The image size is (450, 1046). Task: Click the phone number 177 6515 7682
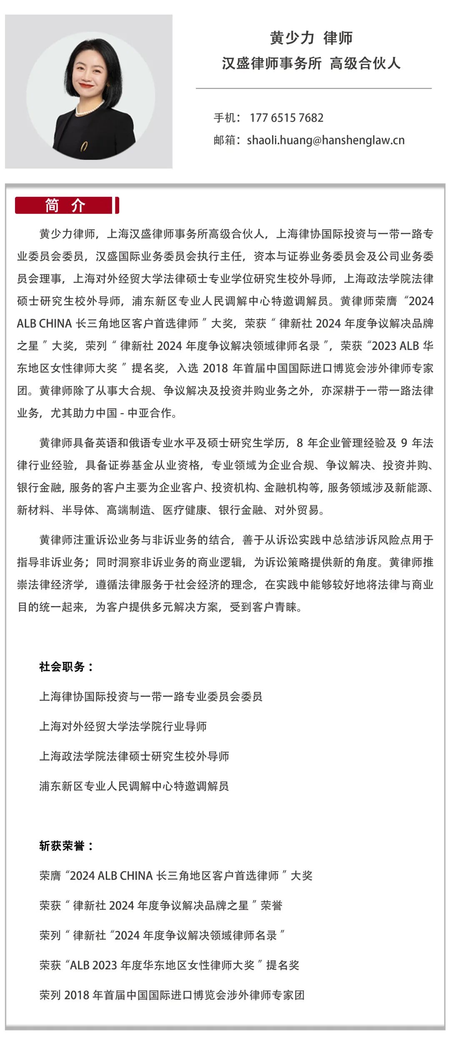[286, 118]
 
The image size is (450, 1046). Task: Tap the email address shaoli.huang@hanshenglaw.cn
[325, 140]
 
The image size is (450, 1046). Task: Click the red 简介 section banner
[67, 206]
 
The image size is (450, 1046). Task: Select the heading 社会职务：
[66, 667]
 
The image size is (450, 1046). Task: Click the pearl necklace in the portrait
[89, 109]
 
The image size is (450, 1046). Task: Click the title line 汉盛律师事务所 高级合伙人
[311, 63]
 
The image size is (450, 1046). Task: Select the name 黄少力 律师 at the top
[311, 38]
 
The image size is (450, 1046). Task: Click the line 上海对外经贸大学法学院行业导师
[123, 727]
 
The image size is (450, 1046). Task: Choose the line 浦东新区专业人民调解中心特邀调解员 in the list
[134, 786]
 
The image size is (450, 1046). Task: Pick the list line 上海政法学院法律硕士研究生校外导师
[134, 756]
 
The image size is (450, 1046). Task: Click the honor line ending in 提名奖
[169, 965]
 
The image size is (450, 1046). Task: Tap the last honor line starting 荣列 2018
[172, 995]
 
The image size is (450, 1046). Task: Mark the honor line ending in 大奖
[175, 876]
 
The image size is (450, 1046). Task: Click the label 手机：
[227, 118]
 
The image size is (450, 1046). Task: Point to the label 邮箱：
[227, 141]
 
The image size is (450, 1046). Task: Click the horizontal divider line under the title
[313, 88]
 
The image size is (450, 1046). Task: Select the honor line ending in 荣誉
[160, 906]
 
